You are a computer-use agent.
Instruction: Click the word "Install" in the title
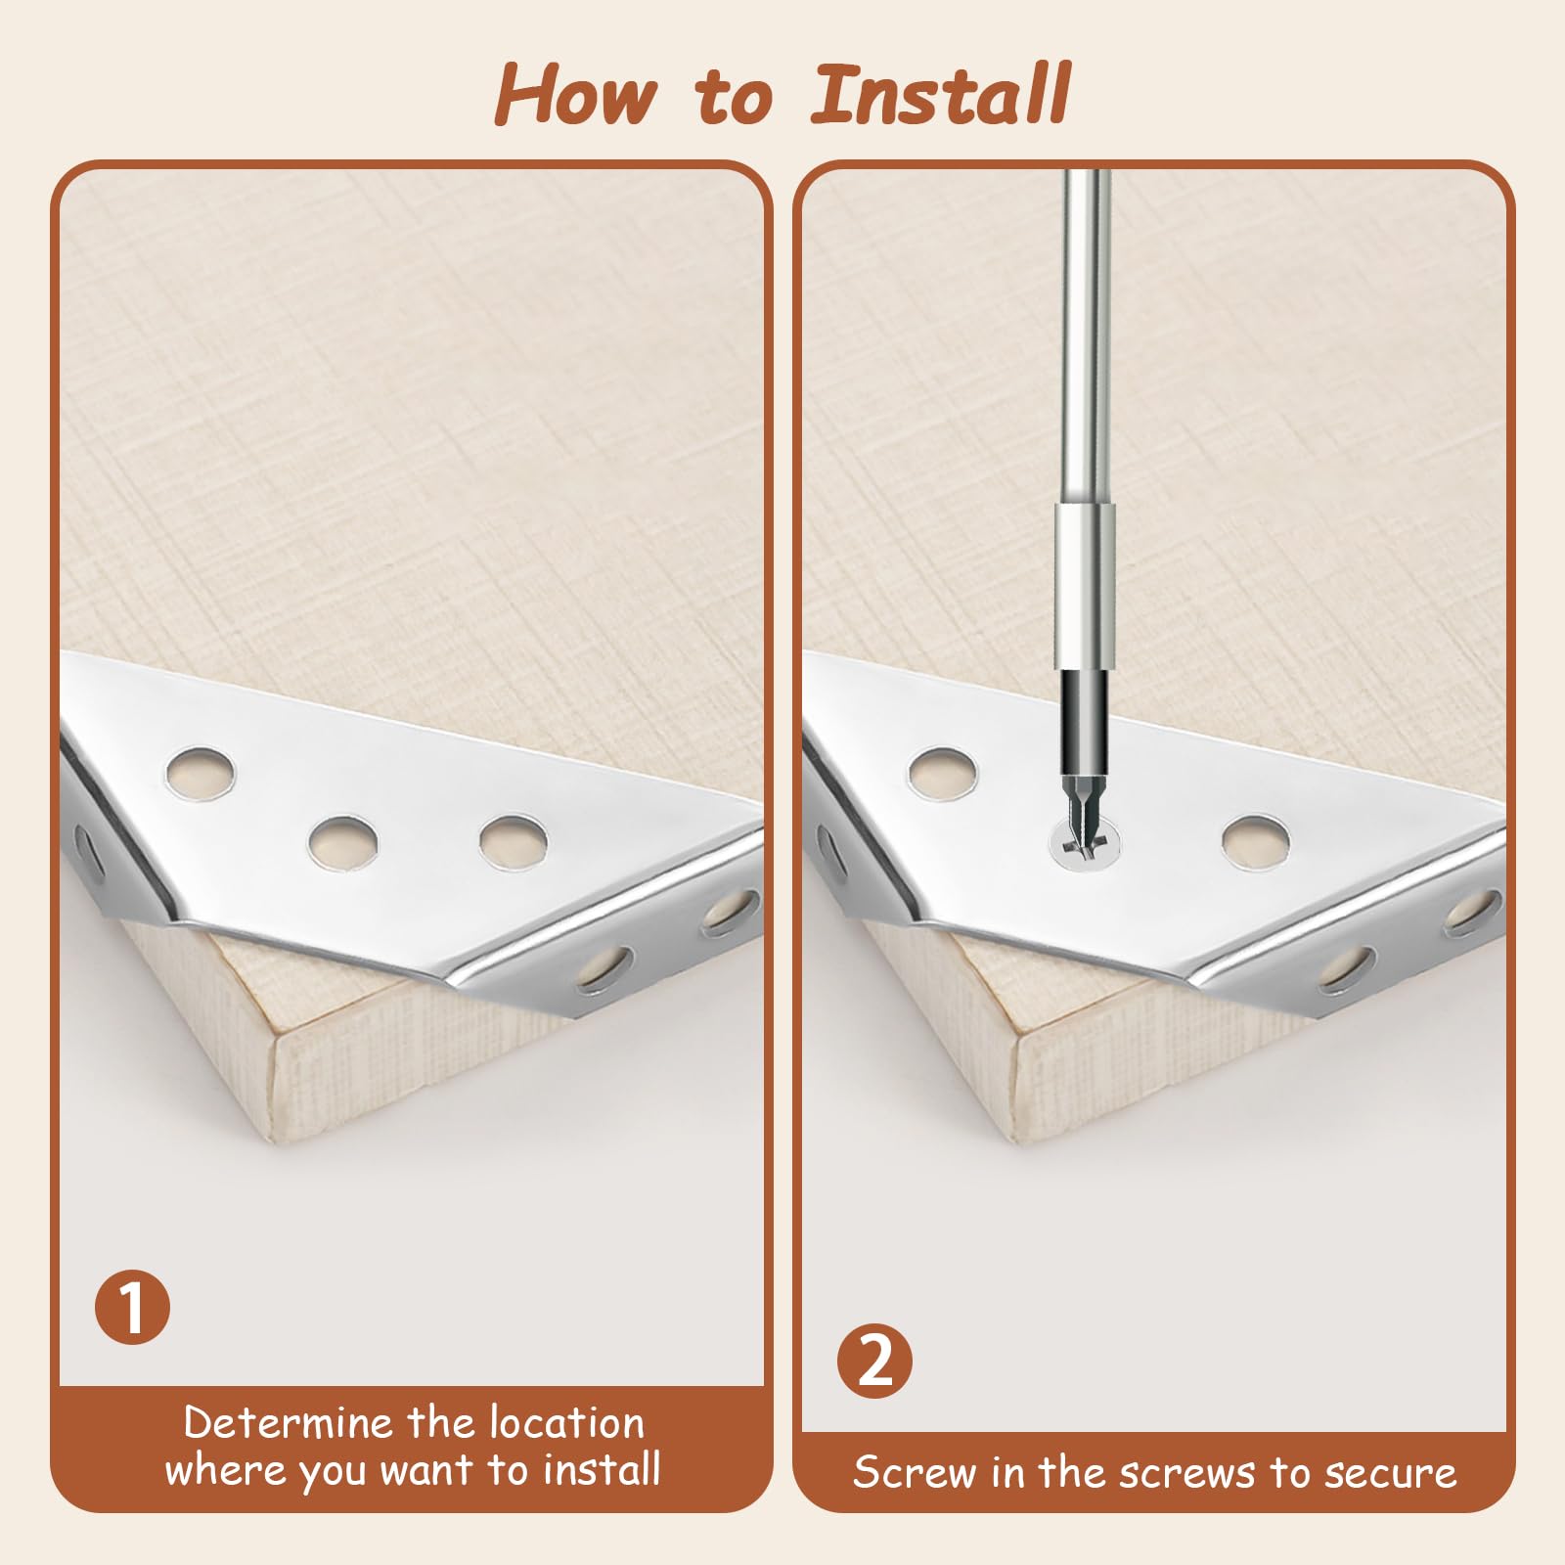(941, 94)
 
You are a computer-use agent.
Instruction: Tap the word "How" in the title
(575, 94)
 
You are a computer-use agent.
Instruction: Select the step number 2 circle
(875, 1360)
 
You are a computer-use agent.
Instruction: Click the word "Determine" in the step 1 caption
(288, 1422)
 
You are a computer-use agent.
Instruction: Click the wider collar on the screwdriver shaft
(1086, 586)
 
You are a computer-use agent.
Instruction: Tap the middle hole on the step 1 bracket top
(342, 841)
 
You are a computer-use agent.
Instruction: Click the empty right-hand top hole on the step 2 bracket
(1256, 841)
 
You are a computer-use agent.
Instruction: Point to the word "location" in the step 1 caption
(567, 1422)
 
